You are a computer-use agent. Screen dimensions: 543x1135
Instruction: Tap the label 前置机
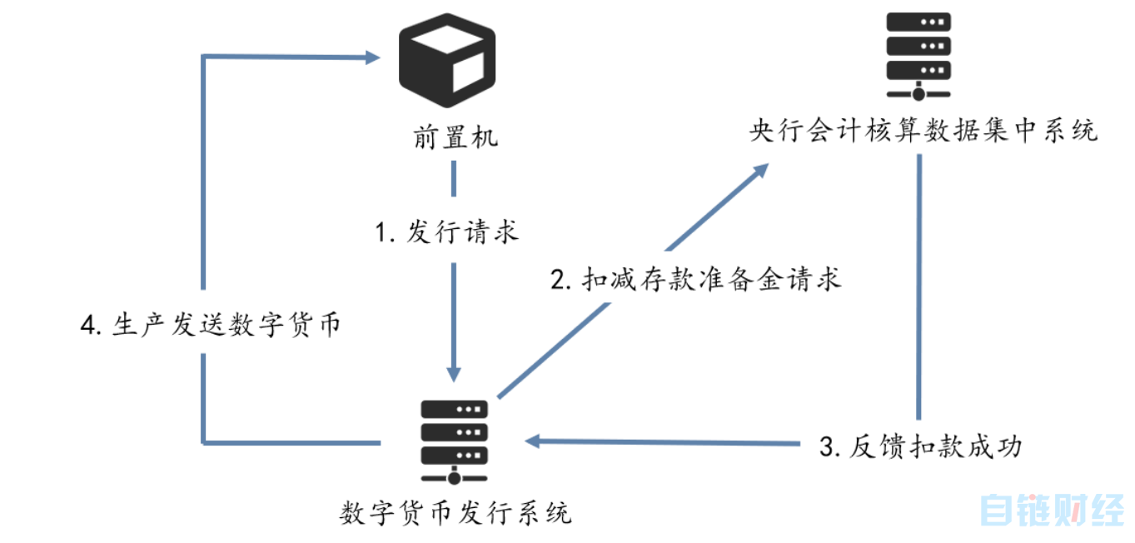point(455,137)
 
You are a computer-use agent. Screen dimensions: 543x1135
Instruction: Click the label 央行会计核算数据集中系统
point(923,132)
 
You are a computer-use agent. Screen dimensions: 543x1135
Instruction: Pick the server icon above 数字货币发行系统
point(454,442)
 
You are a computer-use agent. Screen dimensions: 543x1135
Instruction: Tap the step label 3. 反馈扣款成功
point(920,446)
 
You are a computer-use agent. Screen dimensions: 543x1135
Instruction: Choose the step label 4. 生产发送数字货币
point(210,326)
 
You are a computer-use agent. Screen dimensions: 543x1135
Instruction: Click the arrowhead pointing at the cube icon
point(371,57)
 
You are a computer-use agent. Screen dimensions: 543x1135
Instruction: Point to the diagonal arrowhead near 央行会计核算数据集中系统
point(759,169)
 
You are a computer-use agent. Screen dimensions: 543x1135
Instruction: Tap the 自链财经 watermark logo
point(1051,510)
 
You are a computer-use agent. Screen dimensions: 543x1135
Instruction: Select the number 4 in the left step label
point(87,326)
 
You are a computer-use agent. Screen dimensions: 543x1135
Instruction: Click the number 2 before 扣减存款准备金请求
point(559,279)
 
